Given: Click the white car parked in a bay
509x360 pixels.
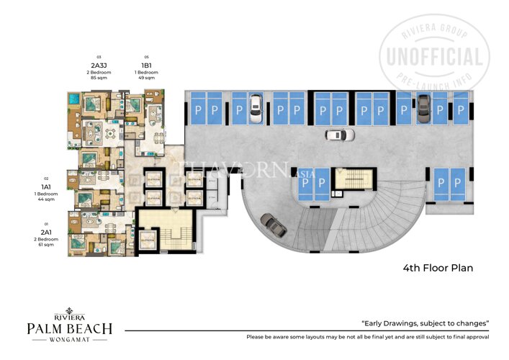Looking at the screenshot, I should coord(253,107).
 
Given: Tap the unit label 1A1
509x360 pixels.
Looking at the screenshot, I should coord(46,186).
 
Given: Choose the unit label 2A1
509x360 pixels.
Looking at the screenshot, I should coord(46,233).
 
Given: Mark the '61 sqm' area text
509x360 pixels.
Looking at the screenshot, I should coord(46,246).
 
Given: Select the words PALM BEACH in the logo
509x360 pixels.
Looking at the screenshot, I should coord(70,329).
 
